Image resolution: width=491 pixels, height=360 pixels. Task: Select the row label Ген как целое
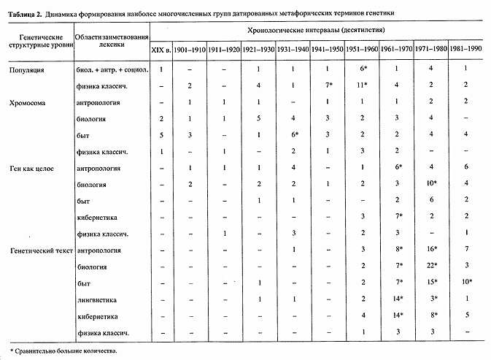(x=31, y=169)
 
